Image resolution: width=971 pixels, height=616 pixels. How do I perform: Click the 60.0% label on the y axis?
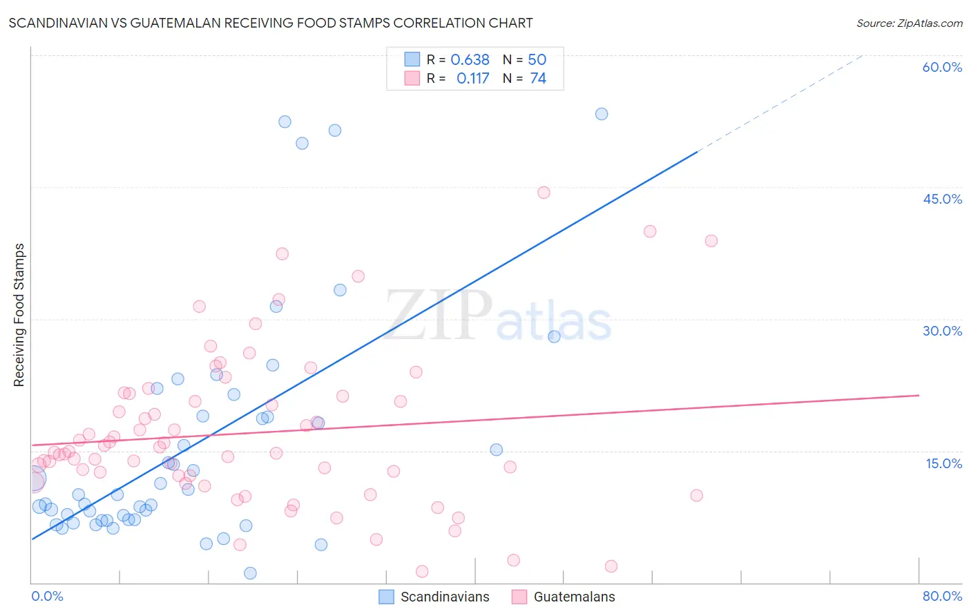[x=942, y=67]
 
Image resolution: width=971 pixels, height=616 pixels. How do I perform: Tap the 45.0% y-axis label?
[x=942, y=199]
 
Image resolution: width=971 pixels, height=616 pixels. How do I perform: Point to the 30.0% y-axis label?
[x=942, y=331]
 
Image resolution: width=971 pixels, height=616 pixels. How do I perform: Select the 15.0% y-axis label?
[x=943, y=463]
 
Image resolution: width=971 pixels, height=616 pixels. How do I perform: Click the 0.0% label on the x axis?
[x=47, y=596]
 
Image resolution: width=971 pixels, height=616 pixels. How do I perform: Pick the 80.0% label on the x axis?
[x=942, y=596]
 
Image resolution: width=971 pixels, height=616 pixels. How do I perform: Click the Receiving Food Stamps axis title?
[x=19, y=315]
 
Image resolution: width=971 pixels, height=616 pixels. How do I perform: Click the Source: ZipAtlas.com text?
[x=909, y=23]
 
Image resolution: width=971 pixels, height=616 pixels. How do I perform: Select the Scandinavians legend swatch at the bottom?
[x=387, y=597]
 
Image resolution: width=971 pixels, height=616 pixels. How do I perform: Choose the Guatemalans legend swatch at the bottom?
[x=519, y=597]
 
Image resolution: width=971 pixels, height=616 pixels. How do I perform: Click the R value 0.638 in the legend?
[x=470, y=60]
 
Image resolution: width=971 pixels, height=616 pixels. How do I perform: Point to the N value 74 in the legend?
[x=538, y=79]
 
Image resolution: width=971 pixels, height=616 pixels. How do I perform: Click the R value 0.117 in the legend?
[x=472, y=79]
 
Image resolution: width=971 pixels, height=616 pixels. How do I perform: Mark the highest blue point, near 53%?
[x=602, y=114]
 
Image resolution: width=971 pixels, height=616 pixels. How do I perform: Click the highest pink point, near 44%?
[x=544, y=193]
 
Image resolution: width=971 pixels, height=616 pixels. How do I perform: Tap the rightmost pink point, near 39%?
[x=711, y=241]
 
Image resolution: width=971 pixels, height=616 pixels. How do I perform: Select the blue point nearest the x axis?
[x=250, y=573]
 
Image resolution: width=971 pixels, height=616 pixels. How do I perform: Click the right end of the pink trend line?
[x=919, y=395]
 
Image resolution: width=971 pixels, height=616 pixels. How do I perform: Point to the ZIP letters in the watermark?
[x=437, y=316]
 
